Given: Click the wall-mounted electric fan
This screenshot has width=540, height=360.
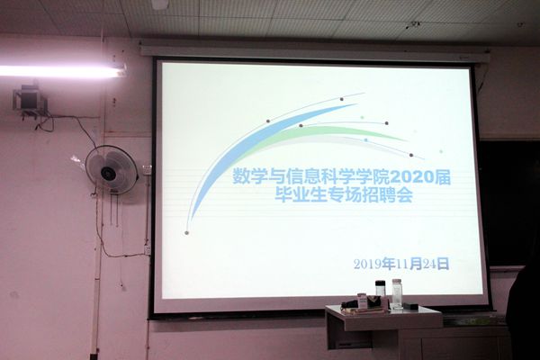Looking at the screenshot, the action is tap(112, 170).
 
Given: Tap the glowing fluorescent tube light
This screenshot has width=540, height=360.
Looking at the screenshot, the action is tap(62, 70).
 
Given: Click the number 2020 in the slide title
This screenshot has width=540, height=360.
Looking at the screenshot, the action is tap(411, 178).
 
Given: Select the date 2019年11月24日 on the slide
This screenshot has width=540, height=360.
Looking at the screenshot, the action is tap(401, 265).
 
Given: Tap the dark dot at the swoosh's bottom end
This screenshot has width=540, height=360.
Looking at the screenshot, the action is tap(186, 233).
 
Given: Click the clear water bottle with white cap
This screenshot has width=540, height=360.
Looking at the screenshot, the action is tap(398, 293).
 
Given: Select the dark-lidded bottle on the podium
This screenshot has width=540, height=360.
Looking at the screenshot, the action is tap(380, 289).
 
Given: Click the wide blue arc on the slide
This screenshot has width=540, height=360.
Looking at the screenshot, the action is tap(241, 145).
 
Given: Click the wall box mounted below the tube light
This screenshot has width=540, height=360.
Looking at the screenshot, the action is tap(30, 101).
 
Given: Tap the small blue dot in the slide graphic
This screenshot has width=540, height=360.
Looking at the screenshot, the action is tap(365, 139).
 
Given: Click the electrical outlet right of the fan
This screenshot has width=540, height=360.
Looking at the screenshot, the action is tap(148, 169).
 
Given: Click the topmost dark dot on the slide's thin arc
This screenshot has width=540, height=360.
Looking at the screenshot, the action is tap(342, 99).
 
